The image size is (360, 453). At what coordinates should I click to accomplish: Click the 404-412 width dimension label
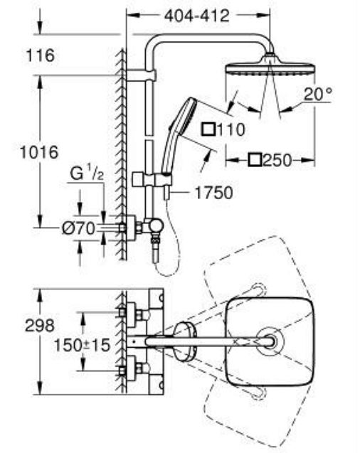197,16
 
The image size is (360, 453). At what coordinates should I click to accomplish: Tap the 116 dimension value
40,55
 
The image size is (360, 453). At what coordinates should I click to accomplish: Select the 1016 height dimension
39,152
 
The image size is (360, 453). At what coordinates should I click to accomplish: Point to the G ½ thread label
86,174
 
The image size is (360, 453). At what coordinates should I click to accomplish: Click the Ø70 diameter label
78,228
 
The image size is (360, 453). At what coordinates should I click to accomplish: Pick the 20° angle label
318,94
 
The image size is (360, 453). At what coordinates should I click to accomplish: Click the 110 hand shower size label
231,129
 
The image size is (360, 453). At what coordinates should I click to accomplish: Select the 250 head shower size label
277,160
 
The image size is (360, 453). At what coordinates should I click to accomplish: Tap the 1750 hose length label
214,193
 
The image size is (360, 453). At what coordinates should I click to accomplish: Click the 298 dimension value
40,326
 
